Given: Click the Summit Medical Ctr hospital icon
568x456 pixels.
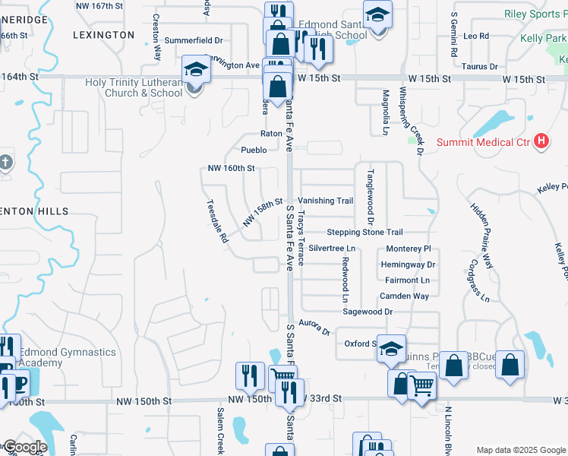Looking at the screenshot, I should (541, 141).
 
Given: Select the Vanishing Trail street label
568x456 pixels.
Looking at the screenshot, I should (325, 201).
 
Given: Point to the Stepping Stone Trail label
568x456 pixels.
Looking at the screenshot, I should (364, 232).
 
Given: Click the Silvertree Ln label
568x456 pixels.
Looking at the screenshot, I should (332, 249).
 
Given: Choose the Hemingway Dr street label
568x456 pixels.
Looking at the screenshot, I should (410, 264).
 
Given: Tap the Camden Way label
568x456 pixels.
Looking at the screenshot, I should (405, 296).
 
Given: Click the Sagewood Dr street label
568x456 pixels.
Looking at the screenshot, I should (368, 312).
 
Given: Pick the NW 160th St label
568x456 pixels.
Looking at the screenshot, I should (230, 169).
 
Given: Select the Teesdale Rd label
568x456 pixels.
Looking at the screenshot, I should (217, 221).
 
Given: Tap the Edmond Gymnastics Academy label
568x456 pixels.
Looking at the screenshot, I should (68, 357).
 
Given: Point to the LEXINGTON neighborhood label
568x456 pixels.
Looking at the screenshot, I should (103, 35).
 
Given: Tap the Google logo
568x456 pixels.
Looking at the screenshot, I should (24, 447).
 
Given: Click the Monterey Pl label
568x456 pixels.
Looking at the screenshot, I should (408, 249).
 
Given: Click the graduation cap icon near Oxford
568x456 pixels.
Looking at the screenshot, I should (392, 348).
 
